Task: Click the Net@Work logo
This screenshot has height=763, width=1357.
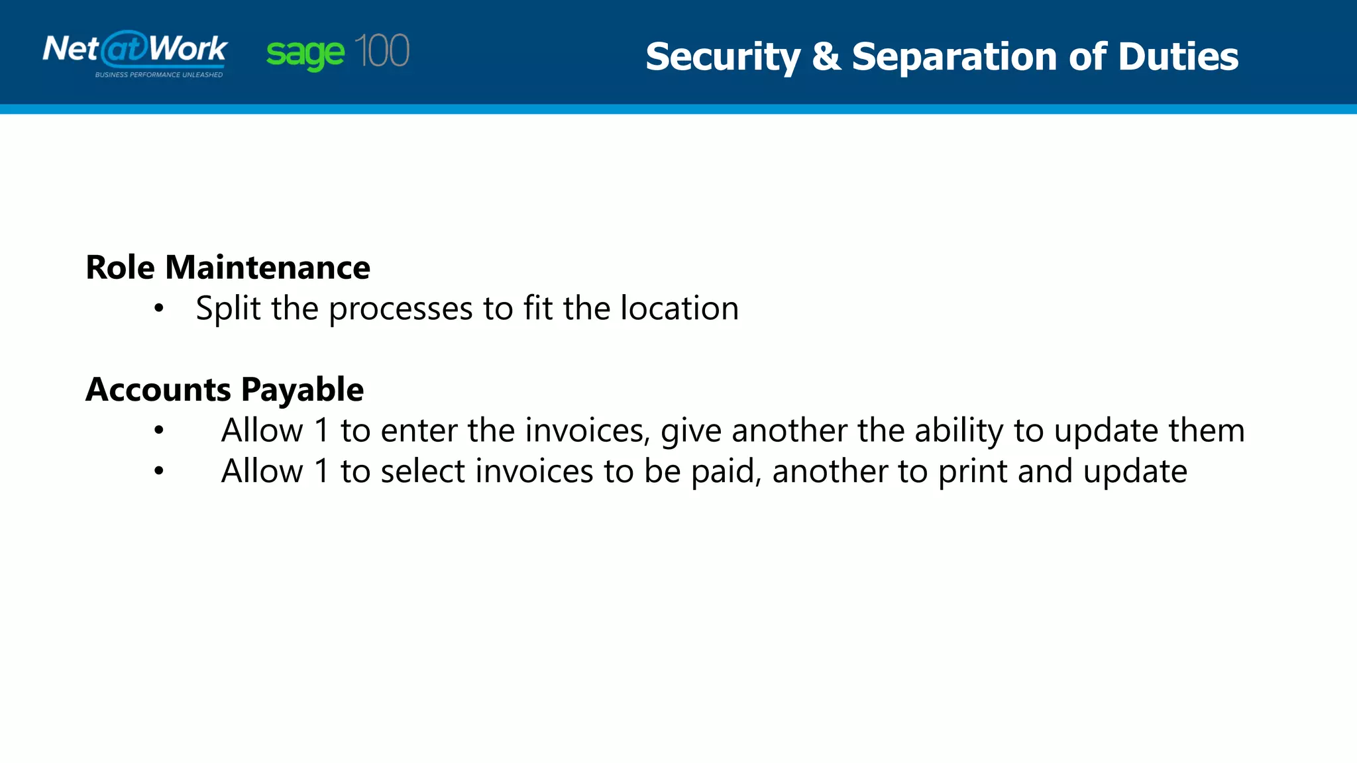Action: [x=135, y=50]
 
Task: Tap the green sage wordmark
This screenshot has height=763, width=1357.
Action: [x=305, y=54]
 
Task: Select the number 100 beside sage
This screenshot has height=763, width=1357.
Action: [x=382, y=51]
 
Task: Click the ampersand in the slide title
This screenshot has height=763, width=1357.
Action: [x=826, y=56]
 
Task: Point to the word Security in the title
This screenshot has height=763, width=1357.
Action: [x=723, y=57]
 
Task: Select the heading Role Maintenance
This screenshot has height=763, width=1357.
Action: [x=228, y=268]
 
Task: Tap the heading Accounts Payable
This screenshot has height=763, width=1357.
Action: [x=225, y=389]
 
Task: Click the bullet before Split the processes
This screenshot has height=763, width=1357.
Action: [x=158, y=308]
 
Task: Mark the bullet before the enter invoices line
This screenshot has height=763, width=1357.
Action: [x=158, y=431]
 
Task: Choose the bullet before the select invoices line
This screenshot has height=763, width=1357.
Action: [x=158, y=471]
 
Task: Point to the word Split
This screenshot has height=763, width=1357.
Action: [x=228, y=309]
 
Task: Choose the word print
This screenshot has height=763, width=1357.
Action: [x=972, y=472]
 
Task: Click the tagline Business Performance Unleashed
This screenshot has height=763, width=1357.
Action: [x=159, y=75]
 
